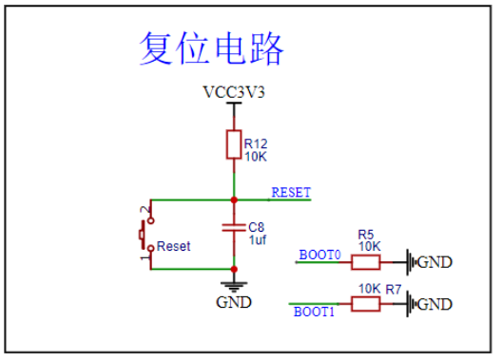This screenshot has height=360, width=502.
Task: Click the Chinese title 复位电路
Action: tap(211, 47)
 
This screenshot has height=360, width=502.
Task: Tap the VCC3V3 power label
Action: tap(234, 92)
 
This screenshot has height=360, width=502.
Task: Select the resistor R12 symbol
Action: tap(234, 144)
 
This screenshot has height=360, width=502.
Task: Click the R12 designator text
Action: tap(256, 143)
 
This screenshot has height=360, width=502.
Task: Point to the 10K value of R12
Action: tap(256, 157)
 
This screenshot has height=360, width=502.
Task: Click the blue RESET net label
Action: tap(291, 192)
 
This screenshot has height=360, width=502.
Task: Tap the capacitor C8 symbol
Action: tap(234, 227)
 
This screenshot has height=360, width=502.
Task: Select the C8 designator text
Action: tap(257, 227)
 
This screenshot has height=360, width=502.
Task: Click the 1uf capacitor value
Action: tap(258, 239)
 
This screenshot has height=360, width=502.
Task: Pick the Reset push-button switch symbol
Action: tap(145, 235)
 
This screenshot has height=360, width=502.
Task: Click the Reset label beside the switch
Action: tap(174, 247)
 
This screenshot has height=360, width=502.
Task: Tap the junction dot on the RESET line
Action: tap(234, 200)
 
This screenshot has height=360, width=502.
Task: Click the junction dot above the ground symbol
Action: tap(234, 269)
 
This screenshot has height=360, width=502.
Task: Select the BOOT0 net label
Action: tap(319, 255)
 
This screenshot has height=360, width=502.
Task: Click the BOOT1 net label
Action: tap(314, 312)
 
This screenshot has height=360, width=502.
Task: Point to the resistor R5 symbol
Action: tap(366, 262)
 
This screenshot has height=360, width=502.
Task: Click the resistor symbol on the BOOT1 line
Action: tap(366, 304)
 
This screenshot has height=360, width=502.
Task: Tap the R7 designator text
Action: tap(394, 290)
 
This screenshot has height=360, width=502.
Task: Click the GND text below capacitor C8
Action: tap(234, 302)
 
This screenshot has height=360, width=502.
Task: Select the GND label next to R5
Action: tap(434, 262)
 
